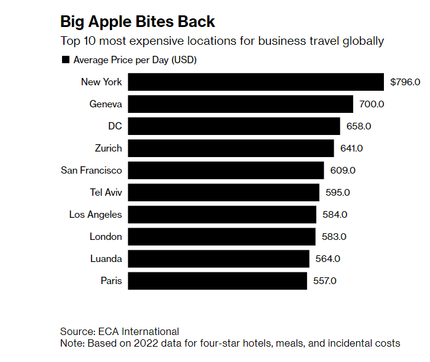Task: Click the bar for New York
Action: (256, 82)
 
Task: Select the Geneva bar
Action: (240, 104)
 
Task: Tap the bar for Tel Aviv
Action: (224, 193)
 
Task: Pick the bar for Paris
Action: (217, 281)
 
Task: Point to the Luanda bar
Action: (218, 259)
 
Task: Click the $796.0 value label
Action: (405, 82)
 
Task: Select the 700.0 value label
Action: (372, 104)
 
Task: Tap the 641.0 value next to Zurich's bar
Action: (351, 148)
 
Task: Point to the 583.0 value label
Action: (334, 237)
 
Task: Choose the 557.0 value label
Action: (324, 281)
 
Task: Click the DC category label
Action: (115, 126)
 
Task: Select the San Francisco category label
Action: (92, 171)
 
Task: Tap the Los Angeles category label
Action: (96, 215)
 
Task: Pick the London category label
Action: (106, 237)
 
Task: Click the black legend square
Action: (65, 60)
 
